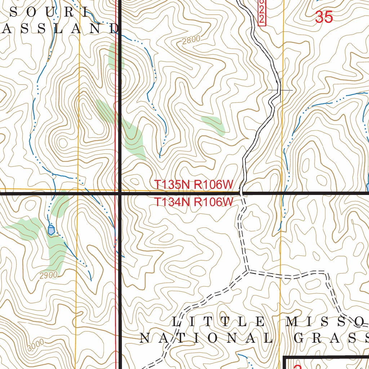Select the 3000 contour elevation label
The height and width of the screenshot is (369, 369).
coord(35,345)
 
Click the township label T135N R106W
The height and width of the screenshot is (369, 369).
coord(194,184)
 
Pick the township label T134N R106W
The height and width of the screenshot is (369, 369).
coord(194,202)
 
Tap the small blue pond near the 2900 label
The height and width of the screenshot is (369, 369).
coord(51,229)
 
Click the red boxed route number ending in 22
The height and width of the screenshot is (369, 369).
coord(262,12)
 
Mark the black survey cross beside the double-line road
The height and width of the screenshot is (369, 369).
coord(280,90)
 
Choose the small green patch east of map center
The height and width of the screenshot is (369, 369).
coord(213,124)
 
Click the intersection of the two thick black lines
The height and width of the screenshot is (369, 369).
coord(120,194)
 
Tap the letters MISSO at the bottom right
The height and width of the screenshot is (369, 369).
coord(326,321)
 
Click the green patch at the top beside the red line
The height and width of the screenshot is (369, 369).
coord(115,56)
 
